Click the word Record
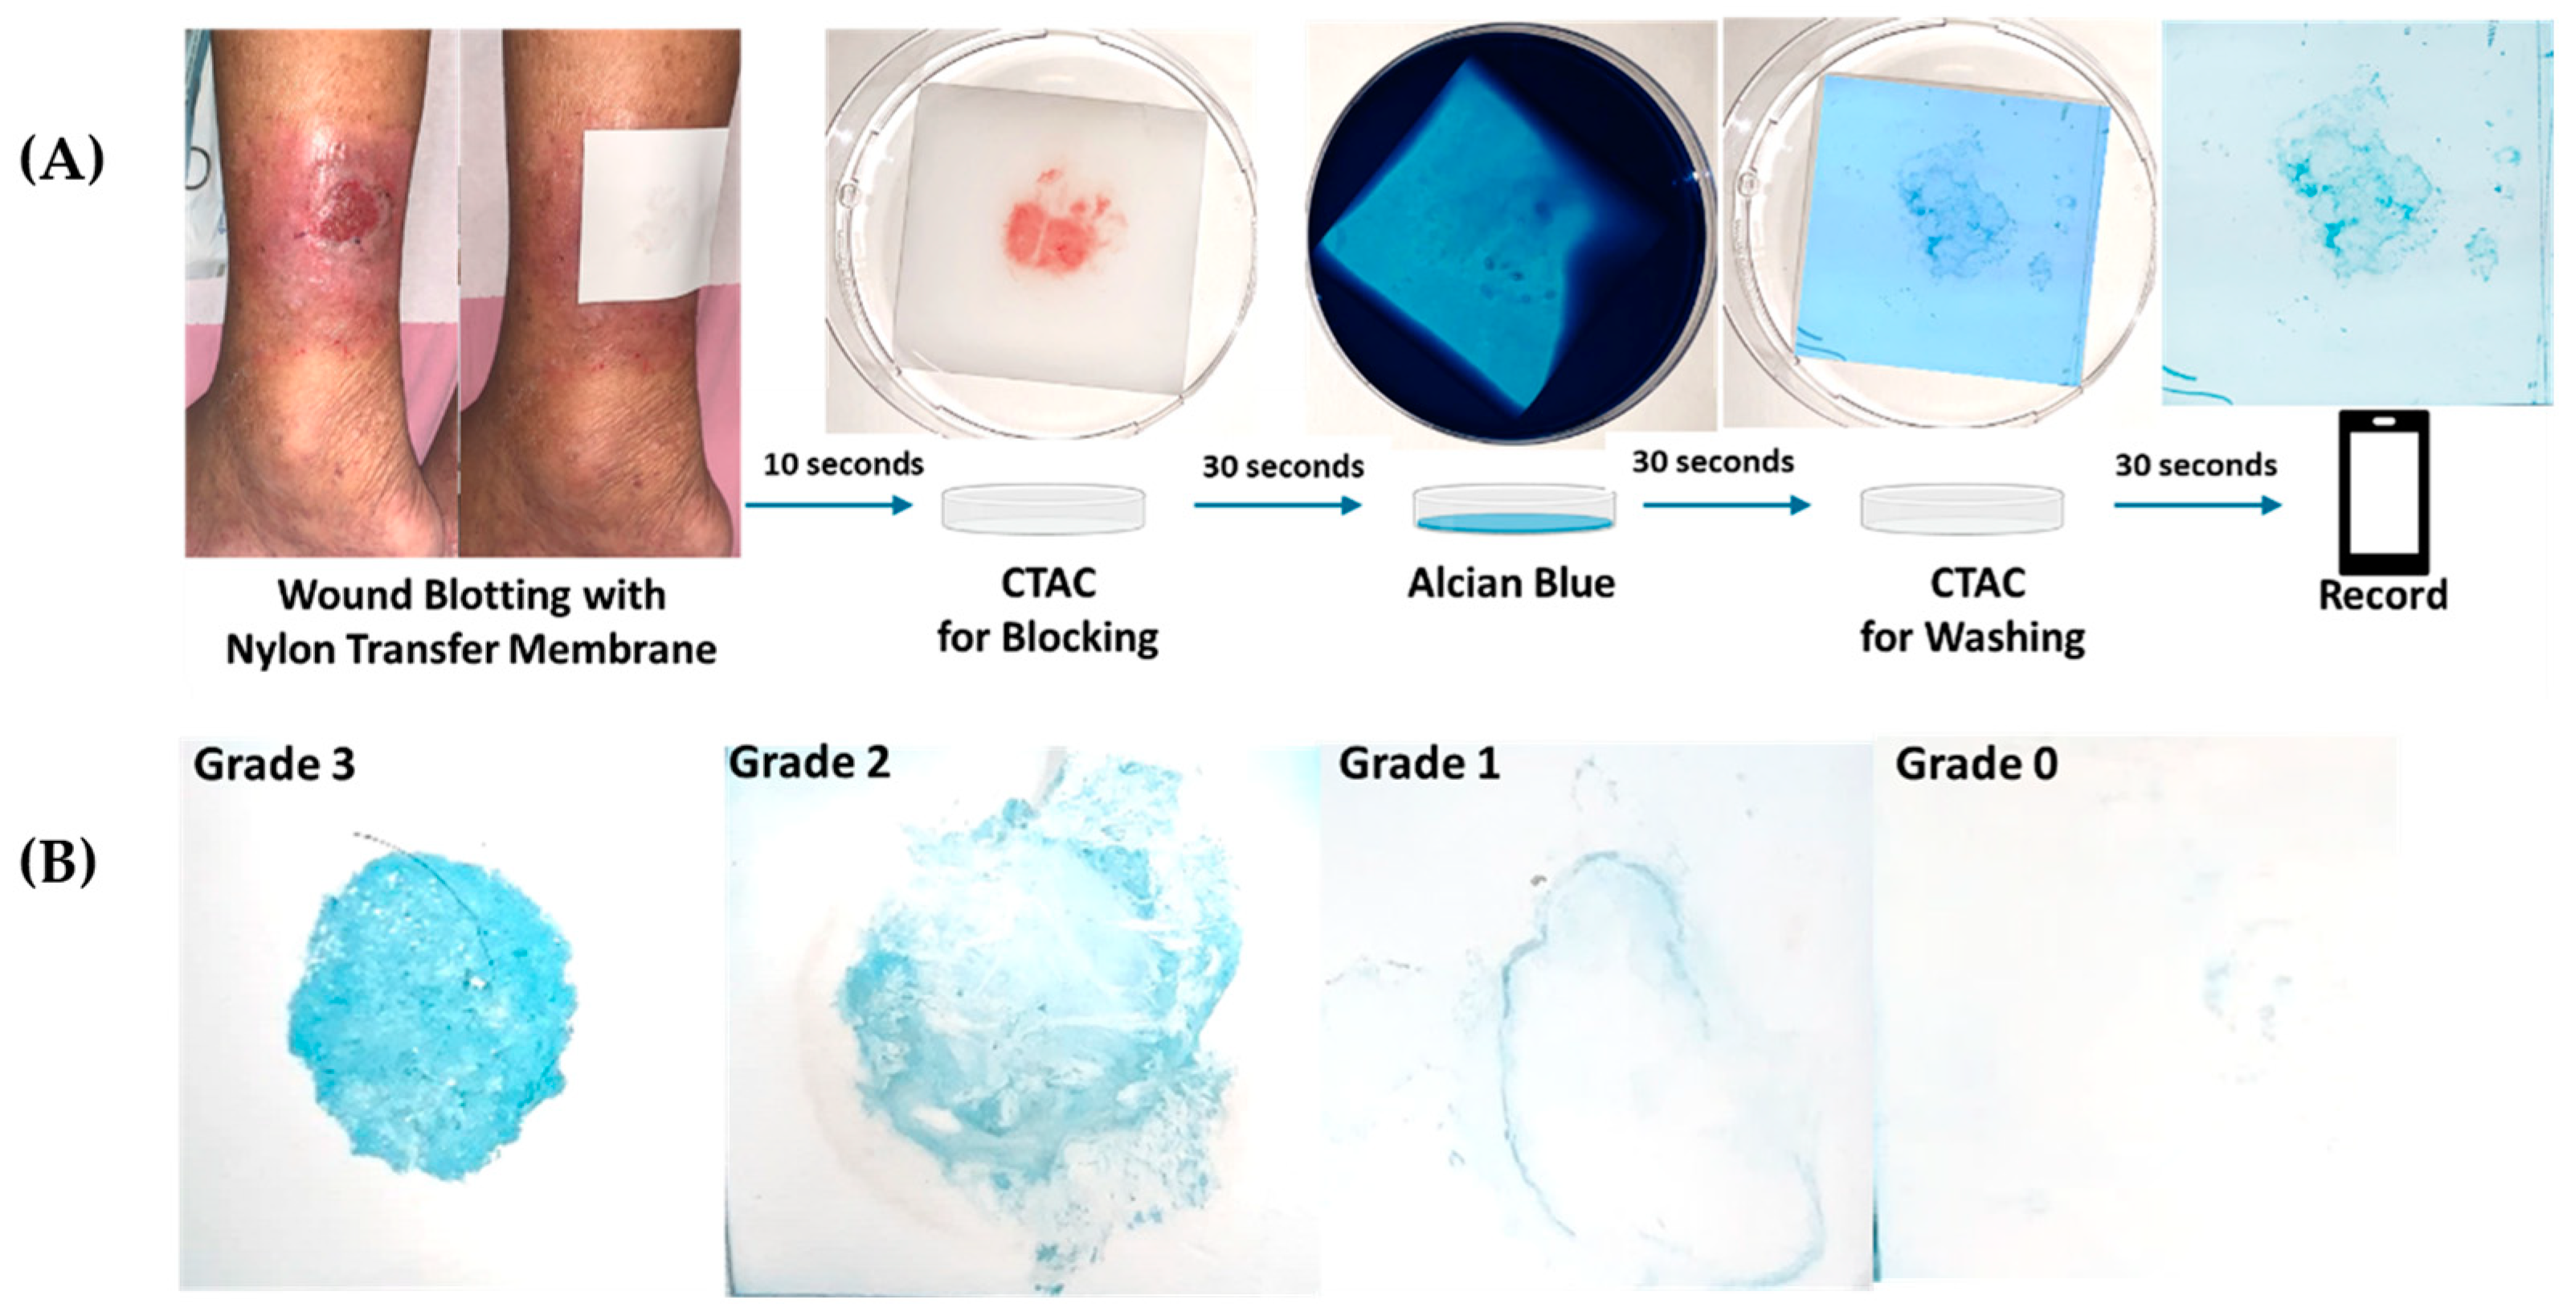tap(2382, 595)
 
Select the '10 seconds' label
tap(844, 465)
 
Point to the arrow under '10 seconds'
tap(829, 505)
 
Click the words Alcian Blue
tap(1511, 583)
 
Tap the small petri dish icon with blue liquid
tap(1514, 508)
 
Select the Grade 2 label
tap(809, 762)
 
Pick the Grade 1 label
tap(1418, 764)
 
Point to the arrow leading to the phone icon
tap(2197, 505)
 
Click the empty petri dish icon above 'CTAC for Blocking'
tap(1044, 508)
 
